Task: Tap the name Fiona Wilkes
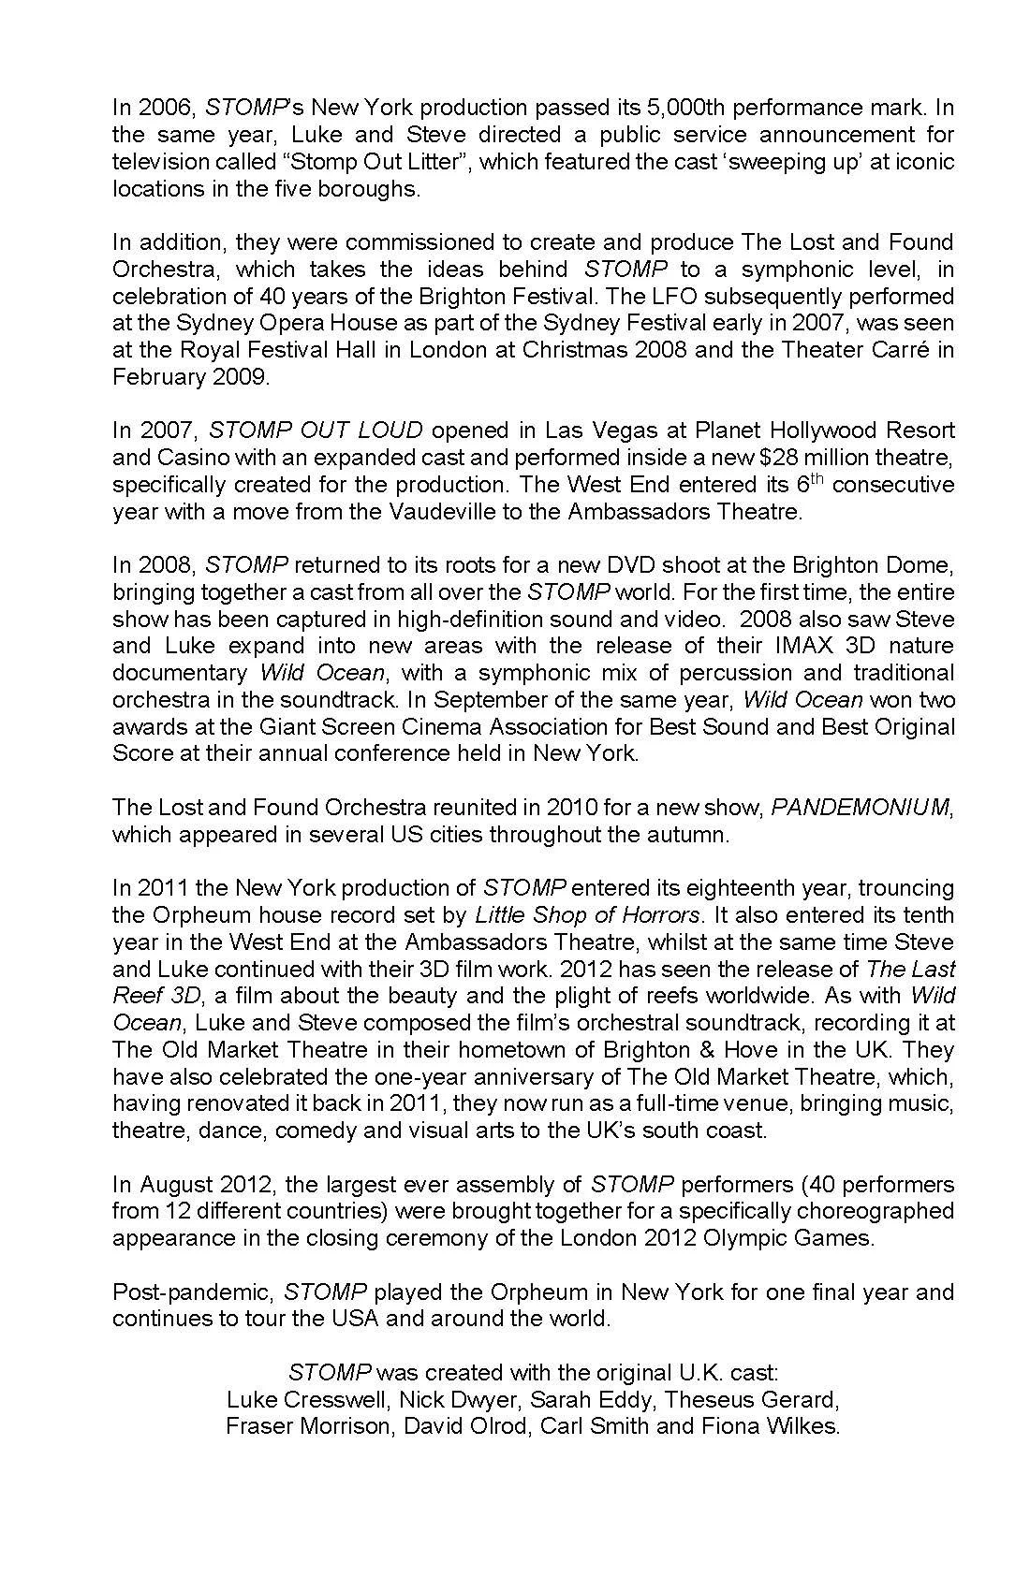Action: [783, 1426]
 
